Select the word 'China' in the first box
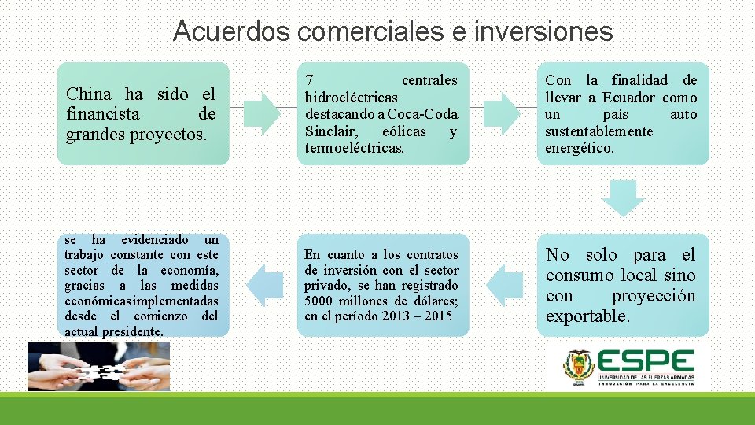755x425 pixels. click(89, 94)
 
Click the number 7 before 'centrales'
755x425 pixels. click(310, 80)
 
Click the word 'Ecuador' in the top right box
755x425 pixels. click(628, 98)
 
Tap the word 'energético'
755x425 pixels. click(579, 149)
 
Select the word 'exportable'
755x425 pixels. click(587, 316)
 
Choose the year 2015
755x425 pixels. click(436, 316)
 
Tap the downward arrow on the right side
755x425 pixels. click(628, 198)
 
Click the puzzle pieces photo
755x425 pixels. click(98, 366)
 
